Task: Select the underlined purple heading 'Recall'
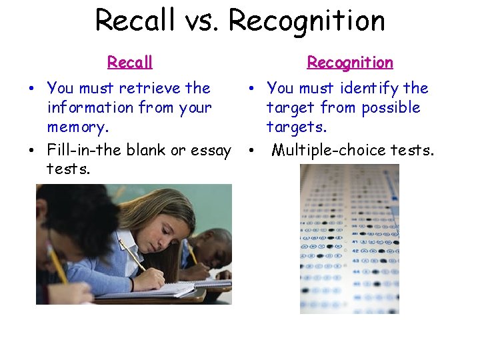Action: point(130,63)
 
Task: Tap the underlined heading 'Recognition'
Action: point(350,63)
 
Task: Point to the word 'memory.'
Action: point(73,127)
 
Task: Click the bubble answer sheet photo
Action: point(349,239)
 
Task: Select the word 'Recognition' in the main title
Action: point(307,20)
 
